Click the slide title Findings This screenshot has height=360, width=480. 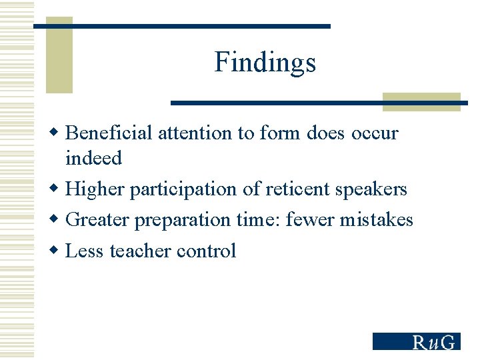pyautogui.click(x=265, y=63)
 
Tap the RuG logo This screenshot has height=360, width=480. pyautogui.click(x=416, y=341)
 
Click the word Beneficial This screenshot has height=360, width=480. pyautogui.click(x=109, y=133)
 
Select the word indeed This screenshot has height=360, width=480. pyautogui.click(x=93, y=159)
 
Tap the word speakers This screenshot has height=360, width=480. pyautogui.click(x=371, y=190)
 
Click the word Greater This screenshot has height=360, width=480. pyautogui.click(x=98, y=220)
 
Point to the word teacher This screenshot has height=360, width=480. pyautogui.click(x=141, y=251)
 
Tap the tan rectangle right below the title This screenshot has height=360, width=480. pyautogui.click(x=421, y=101)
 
